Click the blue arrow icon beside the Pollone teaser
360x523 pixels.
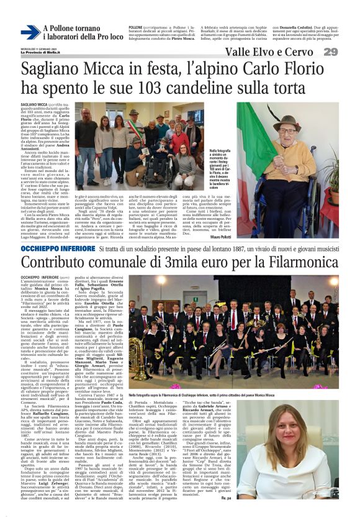[30, 32]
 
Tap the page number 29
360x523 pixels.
[347, 52]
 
